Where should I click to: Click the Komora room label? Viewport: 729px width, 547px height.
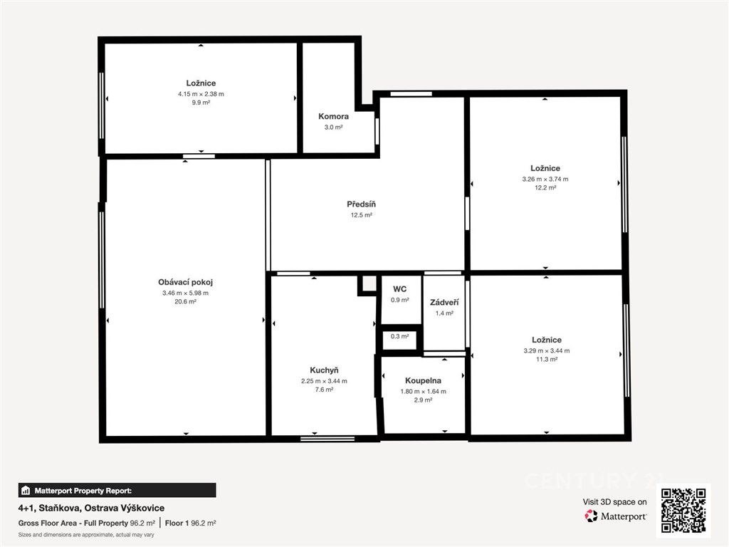click(333, 116)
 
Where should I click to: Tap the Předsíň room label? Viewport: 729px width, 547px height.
click(361, 204)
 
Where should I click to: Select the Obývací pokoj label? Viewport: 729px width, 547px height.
click(186, 282)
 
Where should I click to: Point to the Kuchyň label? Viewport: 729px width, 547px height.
click(324, 370)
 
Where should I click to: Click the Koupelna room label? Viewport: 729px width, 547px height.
click(423, 380)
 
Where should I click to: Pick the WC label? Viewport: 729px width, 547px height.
click(400, 289)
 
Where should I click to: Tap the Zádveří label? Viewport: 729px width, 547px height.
click(444, 302)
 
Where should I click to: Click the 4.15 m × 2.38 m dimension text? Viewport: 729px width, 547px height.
click(201, 94)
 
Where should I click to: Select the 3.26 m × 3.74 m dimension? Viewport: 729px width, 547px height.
click(545, 179)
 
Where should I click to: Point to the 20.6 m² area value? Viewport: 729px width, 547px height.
click(186, 301)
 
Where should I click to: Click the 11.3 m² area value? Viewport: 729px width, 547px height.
click(547, 359)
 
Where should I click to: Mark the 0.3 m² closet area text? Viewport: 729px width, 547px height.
click(400, 336)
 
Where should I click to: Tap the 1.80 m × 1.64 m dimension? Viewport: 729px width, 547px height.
click(423, 391)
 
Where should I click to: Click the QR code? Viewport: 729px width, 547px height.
click(683, 510)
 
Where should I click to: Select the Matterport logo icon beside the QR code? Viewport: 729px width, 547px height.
click(591, 516)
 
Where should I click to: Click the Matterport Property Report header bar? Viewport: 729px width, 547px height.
click(117, 490)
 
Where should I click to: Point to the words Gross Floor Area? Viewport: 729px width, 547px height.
click(48, 523)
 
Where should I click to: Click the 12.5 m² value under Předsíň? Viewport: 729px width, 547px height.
click(361, 215)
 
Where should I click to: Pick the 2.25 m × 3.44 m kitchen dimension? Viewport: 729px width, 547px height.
click(324, 381)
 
